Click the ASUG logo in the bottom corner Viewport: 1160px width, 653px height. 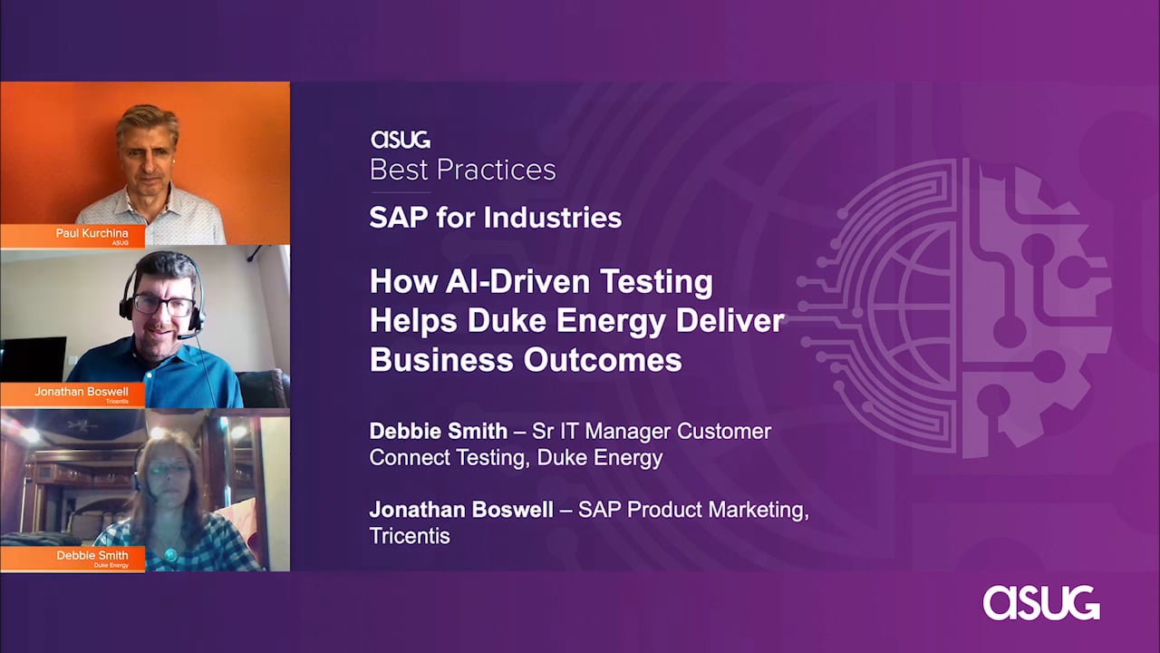pyautogui.click(x=1041, y=603)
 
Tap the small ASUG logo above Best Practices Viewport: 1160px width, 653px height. pyautogui.click(x=401, y=140)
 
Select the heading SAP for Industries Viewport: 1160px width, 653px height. pyautogui.click(x=496, y=217)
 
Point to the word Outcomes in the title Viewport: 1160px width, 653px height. pyautogui.click(x=603, y=359)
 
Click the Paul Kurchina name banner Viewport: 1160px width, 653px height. pyautogui.click(x=72, y=236)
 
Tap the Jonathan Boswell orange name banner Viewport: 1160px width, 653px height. pyautogui.click(x=72, y=395)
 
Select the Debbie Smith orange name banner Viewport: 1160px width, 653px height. pyautogui.click(x=72, y=558)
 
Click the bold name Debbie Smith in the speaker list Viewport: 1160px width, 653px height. pyautogui.click(x=438, y=431)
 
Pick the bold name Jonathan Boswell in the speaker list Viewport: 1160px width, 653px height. pyautogui.click(x=461, y=510)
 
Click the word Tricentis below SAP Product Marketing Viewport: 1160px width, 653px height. pyautogui.click(x=410, y=536)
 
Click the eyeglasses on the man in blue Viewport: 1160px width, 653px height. pyautogui.click(x=164, y=305)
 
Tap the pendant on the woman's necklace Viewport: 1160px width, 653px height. pyautogui.click(x=169, y=554)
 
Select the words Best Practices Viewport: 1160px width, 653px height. pyautogui.click(x=463, y=170)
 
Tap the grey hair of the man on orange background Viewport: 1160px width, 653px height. pyautogui.click(x=148, y=123)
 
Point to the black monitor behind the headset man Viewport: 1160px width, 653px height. pyautogui.click(x=34, y=358)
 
